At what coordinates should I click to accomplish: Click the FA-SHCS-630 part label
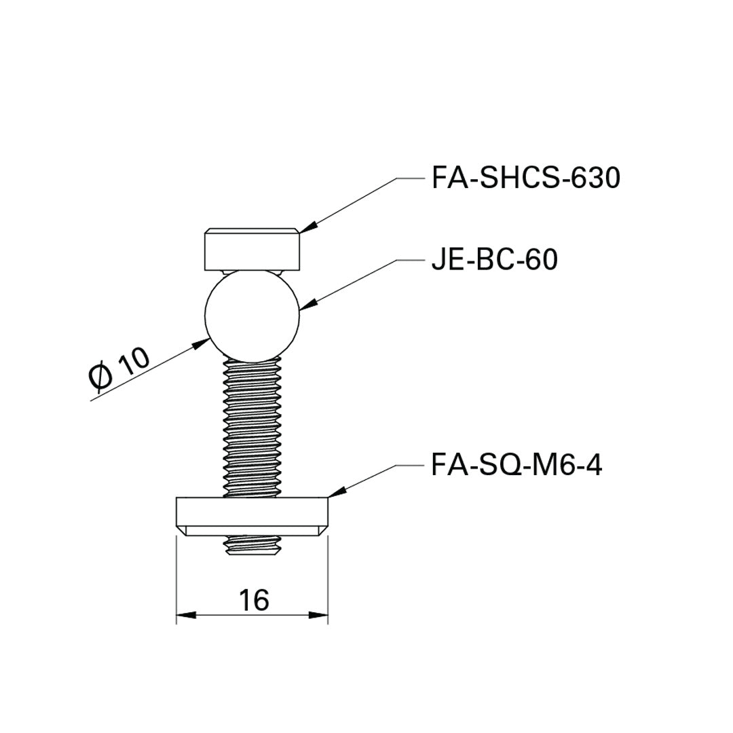526,178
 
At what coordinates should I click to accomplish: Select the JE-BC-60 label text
495,259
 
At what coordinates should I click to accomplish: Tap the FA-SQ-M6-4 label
516,466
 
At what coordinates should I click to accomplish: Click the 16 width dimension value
254,600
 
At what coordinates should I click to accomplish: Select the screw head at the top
252,250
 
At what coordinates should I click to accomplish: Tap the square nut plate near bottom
252,512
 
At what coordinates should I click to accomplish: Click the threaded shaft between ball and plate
252,428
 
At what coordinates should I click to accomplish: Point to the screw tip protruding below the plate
252,546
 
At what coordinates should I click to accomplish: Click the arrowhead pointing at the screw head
306,229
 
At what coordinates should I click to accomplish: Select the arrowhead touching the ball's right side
306,306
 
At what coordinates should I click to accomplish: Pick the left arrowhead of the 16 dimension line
185,616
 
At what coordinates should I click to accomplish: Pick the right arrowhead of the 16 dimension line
320,616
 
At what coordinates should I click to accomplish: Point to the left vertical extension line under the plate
176,577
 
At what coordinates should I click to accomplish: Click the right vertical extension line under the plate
328,577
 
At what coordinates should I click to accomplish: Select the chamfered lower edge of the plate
252,531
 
